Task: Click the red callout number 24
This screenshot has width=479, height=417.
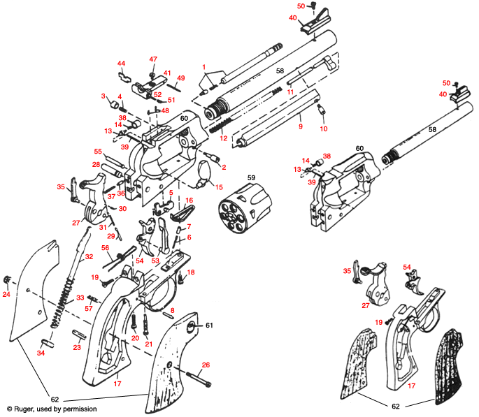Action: coord(6,294)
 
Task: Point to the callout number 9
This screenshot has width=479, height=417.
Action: coord(301,127)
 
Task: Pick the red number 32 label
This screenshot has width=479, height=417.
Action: coord(89,257)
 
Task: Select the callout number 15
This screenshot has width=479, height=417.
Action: coord(218,186)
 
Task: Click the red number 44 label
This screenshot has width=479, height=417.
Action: coord(121,64)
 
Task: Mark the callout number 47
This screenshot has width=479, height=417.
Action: coord(153,59)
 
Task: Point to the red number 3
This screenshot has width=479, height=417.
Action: coord(103,96)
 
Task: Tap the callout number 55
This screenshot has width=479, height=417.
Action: coord(98,151)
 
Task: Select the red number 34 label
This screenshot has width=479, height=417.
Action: coord(40,353)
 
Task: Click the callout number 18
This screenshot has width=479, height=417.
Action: coord(191,272)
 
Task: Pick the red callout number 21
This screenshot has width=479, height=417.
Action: coord(148,344)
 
